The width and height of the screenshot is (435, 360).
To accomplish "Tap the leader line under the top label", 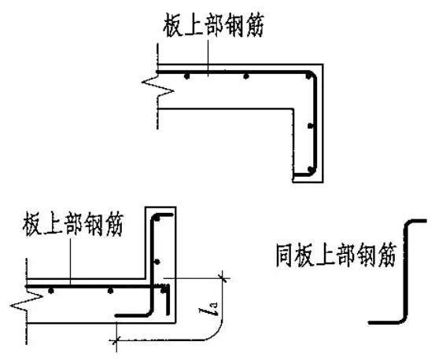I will pos(207,55).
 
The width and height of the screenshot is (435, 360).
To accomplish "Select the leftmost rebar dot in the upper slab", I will pos(186,77).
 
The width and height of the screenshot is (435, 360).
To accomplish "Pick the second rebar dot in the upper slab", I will pos(246,77).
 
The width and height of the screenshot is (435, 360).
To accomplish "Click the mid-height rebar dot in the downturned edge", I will pos(312,126).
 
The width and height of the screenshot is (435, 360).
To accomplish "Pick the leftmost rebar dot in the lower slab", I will pos(51,291).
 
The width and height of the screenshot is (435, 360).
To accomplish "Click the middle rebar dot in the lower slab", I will pos(111,291).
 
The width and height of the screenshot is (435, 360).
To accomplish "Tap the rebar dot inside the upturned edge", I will pos(158,262).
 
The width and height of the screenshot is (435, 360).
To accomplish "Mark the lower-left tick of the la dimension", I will pos(117,339).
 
